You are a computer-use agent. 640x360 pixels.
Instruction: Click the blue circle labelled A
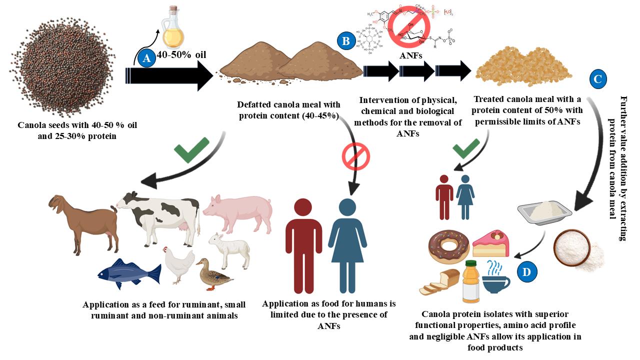click(146, 59)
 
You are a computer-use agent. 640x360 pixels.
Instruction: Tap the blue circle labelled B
click(345, 41)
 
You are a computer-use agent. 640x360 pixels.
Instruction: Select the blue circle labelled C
click(598, 79)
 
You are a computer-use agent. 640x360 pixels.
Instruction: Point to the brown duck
click(212, 273)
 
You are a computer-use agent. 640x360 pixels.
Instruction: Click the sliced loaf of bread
click(440, 282)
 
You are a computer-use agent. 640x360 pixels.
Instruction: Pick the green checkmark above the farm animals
click(190, 149)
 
